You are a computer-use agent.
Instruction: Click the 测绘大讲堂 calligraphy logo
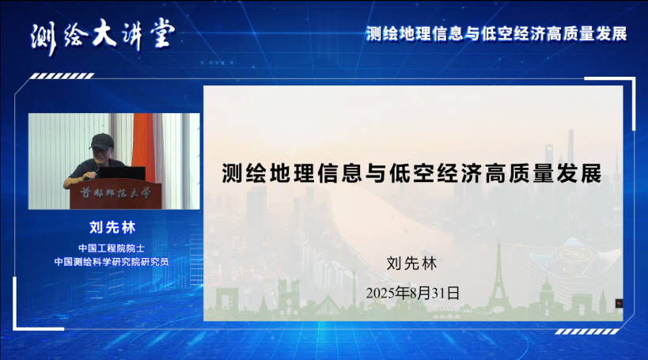coord(104,36)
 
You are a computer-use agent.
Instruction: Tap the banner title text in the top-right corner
coord(497,34)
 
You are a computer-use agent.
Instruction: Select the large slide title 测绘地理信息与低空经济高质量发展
coord(411,172)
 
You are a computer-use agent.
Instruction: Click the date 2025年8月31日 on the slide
coord(412,293)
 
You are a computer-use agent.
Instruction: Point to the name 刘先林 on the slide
coord(411,263)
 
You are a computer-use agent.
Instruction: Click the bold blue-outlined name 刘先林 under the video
coord(112,227)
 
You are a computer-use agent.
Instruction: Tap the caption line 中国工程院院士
coord(112,248)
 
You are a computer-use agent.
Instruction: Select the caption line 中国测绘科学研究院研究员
coord(112,262)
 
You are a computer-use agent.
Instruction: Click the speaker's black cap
coord(101,141)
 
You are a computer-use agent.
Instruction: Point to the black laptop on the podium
coord(122,172)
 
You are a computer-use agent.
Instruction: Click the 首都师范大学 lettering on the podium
coord(116,193)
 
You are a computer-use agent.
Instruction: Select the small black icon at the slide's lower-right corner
coord(619,303)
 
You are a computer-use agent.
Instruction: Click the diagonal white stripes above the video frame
coord(63,76)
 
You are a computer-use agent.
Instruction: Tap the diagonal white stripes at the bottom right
coord(587,332)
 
